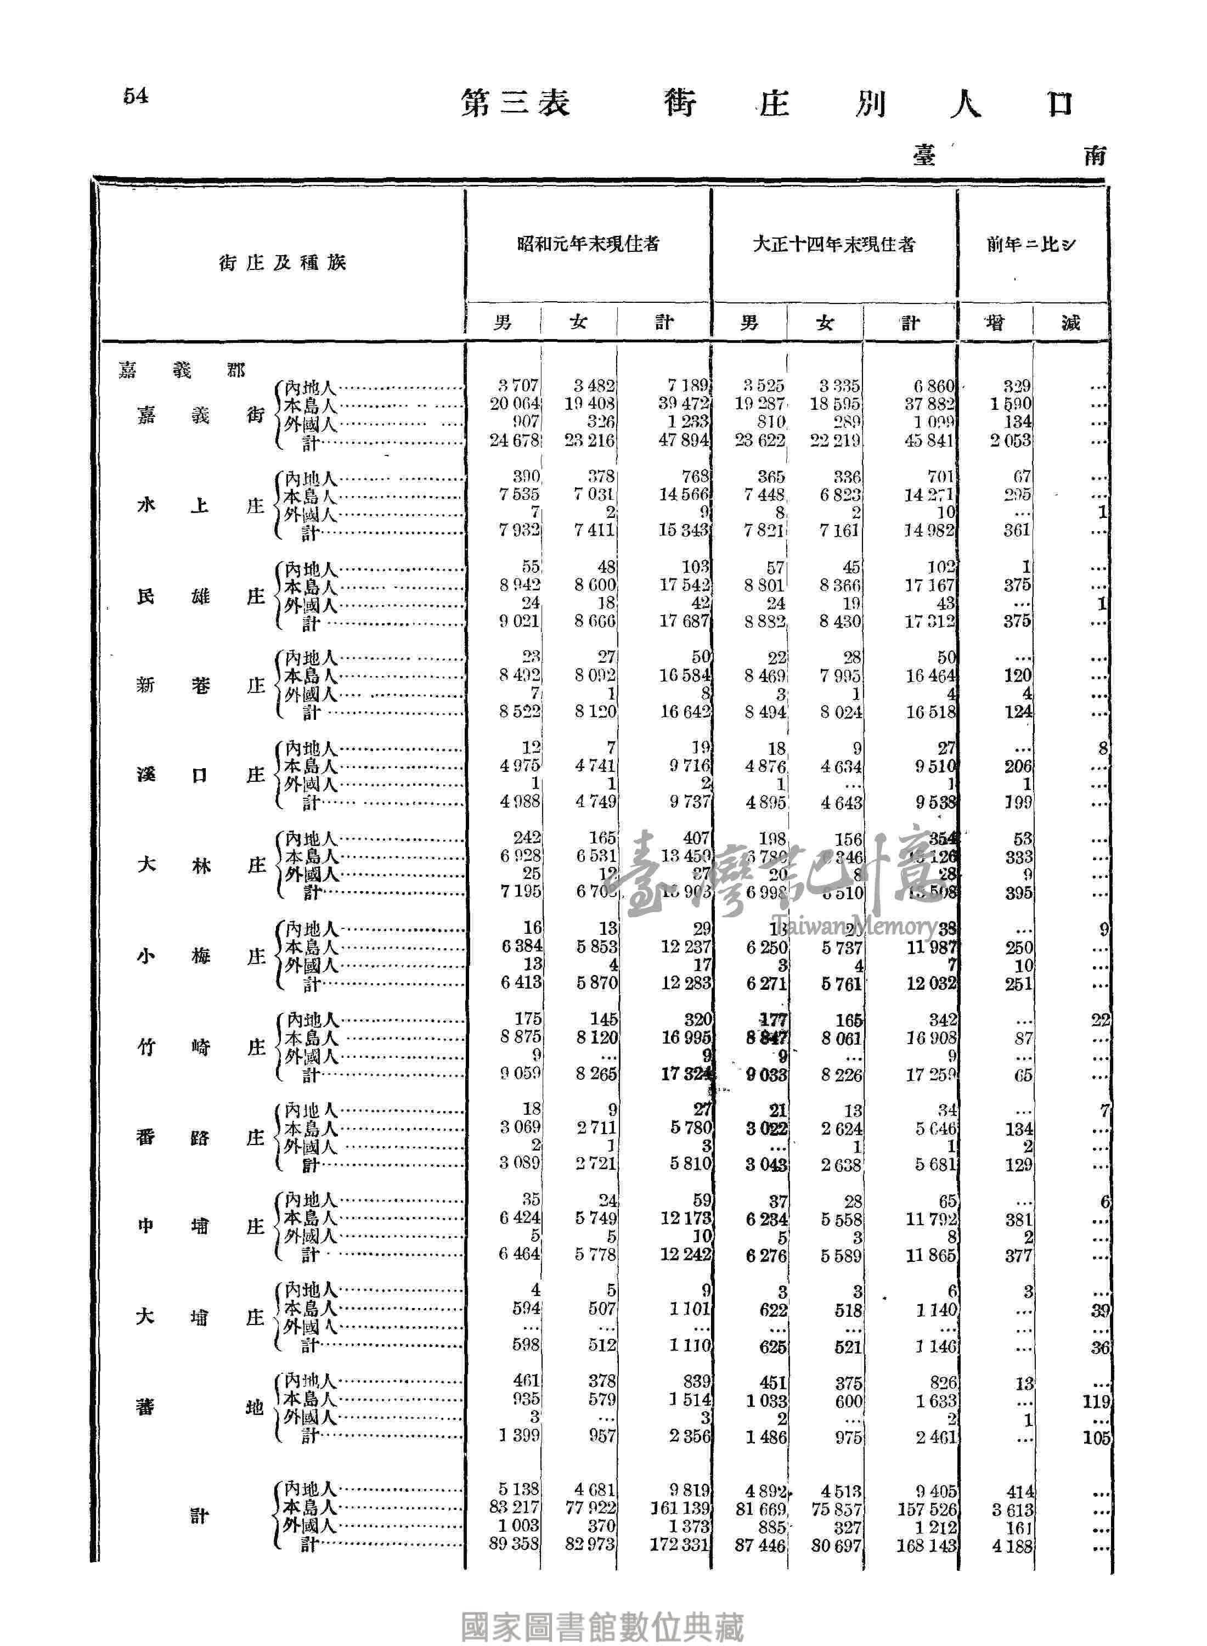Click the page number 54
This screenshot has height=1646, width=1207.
pos(136,95)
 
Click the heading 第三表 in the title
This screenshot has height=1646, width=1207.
pos(516,104)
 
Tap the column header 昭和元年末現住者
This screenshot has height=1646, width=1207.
pos(588,244)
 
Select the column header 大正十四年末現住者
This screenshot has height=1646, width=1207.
pos(833,245)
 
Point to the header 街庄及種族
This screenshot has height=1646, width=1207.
pos(282,263)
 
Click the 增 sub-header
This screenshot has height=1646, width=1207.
pos(995,322)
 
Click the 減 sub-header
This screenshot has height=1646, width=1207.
pos(1070,322)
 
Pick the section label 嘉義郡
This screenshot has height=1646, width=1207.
pos(182,370)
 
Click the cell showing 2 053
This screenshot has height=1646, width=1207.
pos(1011,441)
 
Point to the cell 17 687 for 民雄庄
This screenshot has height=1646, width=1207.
pos(684,621)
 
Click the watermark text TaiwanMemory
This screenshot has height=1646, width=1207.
pos(851,927)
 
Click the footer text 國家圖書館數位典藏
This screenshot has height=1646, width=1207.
pos(603,1607)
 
